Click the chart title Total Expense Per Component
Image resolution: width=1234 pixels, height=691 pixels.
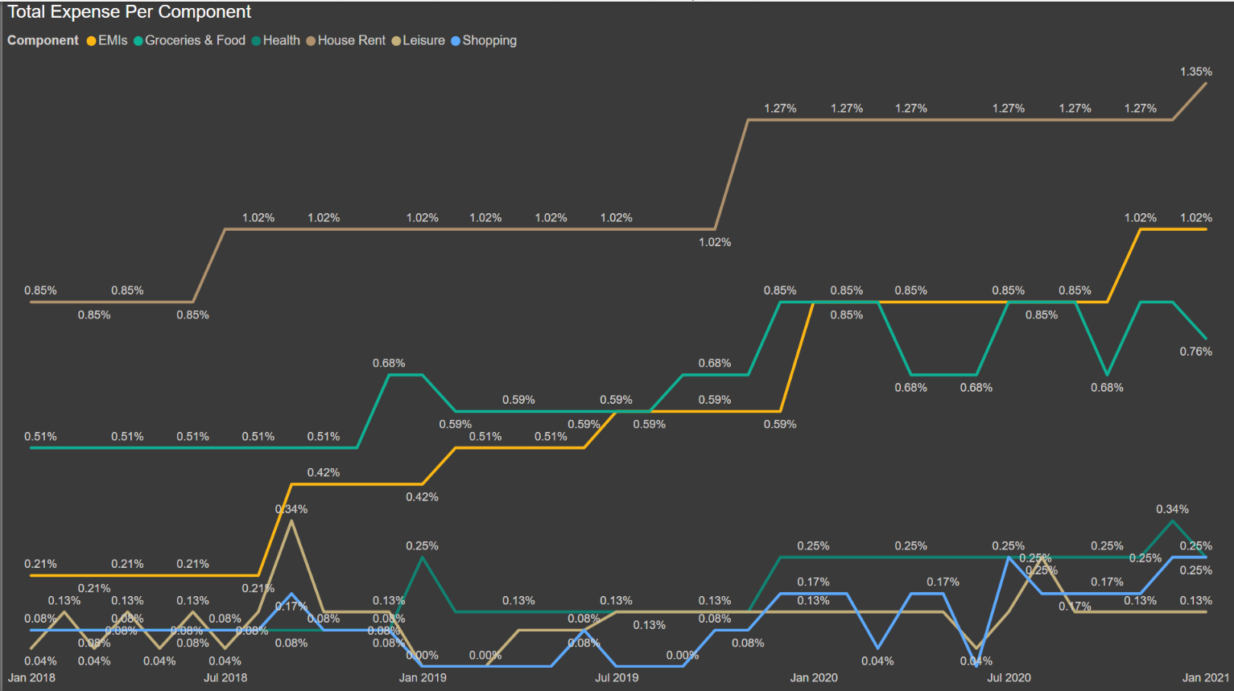129,12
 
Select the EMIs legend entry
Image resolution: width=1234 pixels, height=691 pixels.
107,40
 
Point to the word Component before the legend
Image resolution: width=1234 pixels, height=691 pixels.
43,40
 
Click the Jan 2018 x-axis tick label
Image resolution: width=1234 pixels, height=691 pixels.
31,677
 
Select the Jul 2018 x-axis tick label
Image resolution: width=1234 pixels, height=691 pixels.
225,677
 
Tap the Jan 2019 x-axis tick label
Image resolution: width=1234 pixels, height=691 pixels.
423,677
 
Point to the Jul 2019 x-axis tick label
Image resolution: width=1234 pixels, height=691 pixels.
617,677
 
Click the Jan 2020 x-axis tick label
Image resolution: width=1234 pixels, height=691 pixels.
814,677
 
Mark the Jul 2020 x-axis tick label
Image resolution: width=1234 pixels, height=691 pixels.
1009,677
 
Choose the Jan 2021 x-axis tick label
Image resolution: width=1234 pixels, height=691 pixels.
1205,677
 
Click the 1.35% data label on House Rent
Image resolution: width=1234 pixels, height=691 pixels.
1195,72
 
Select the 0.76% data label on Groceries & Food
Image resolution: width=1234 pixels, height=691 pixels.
1195,352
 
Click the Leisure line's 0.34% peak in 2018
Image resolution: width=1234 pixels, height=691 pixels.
291,521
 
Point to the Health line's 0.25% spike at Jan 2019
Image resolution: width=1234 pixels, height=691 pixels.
423,557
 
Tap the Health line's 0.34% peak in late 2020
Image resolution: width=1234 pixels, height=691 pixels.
1173,521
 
